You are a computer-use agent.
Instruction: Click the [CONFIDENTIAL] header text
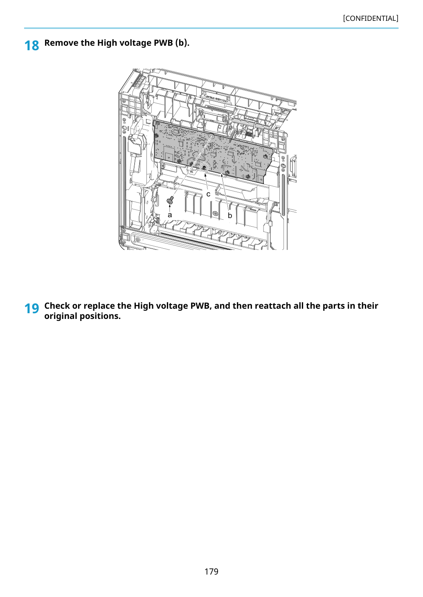pyautogui.click(x=370, y=18)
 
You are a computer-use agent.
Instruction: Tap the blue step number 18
pyautogui.click(x=32, y=45)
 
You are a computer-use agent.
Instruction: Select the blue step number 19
pyautogui.click(x=32, y=308)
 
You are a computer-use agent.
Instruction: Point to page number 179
pyautogui.click(x=211, y=571)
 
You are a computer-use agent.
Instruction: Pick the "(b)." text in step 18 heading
pyautogui.click(x=182, y=43)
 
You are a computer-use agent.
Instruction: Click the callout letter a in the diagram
pyautogui.click(x=170, y=215)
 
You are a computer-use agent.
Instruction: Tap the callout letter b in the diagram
pyautogui.click(x=230, y=215)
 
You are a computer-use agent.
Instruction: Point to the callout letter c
pyautogui.click(x=208, y=194)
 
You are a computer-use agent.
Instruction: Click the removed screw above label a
pyautogui.click(x=170, y=200)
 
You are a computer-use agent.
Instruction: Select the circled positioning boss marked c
pyautogui.click(x=204, y=167)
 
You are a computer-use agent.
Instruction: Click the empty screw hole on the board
pyautogui.click(x=211, y=137)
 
